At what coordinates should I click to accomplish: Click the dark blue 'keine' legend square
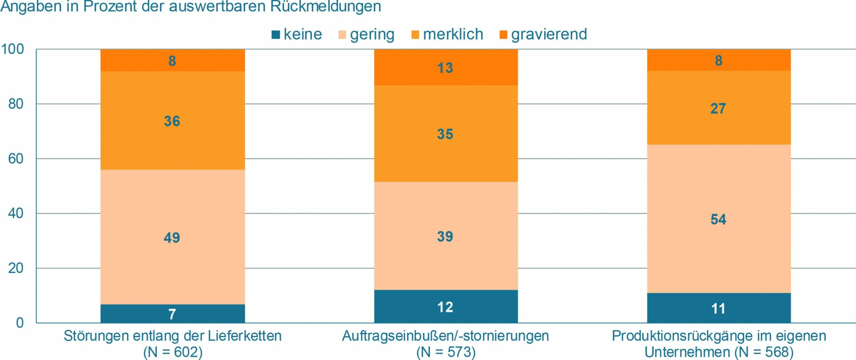coord(276,35)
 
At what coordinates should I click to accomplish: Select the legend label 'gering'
coord(372,35)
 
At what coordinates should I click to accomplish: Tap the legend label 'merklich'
coord(453,34)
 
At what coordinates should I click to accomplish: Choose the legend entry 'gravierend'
coord(549,34)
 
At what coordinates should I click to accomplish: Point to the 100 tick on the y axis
coord(13,49)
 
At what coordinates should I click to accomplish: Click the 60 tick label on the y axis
coord(16,159)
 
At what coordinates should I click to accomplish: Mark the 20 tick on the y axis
coord(16,268)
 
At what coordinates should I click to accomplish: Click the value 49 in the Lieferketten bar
coord(172,238)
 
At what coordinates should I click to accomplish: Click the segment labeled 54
coord(718,219)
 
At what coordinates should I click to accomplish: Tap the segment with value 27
coord(718,109)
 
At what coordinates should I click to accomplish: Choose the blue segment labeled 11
coord(718,309)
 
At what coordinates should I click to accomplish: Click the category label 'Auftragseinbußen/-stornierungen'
coord(445,336)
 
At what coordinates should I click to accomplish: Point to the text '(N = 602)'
coord(173,352)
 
